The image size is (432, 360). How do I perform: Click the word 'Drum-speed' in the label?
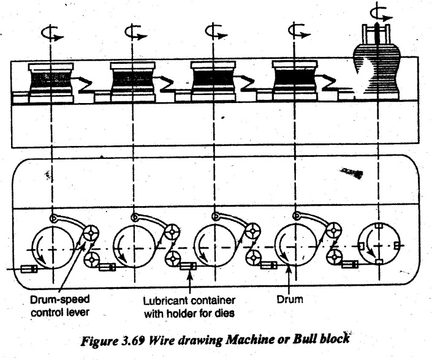pos(60,300)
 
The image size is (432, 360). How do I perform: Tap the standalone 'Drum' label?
pos(290,299)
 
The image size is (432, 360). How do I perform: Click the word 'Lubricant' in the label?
pos(166,301)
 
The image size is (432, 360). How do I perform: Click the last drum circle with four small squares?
pos(379,245)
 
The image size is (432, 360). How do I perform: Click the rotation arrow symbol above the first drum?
pos(52,33)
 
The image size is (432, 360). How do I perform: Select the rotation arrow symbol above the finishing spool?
pos(380,13)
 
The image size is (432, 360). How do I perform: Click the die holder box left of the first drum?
pos(29,269)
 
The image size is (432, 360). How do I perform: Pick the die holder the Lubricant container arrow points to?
pos(188,266)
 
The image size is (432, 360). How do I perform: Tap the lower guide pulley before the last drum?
pos(334,256)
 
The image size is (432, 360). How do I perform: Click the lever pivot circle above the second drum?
pos(134,217)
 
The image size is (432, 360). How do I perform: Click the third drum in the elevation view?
pos(213,81)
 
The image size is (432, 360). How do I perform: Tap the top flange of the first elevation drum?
pos(51,66)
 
